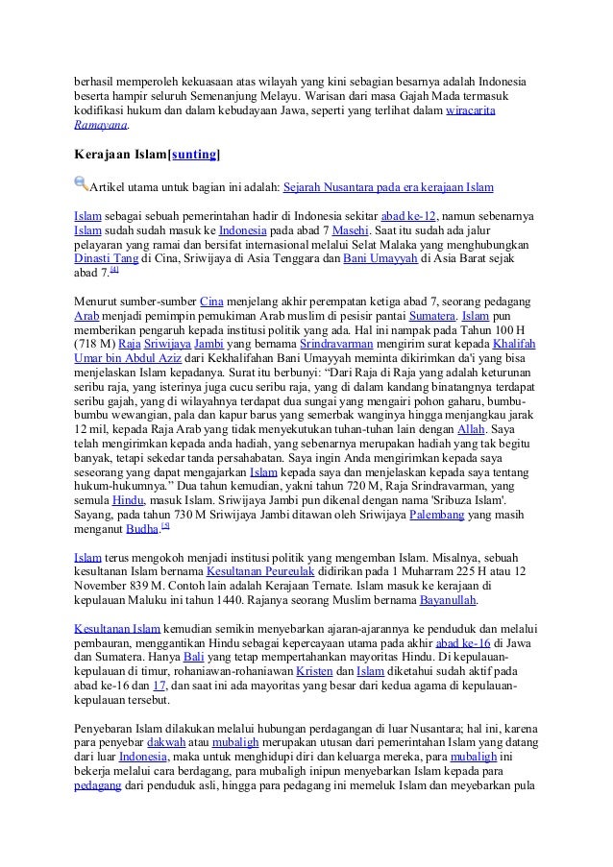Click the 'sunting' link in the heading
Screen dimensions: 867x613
tap(194, 154)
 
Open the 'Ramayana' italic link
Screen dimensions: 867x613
tap(100, 126)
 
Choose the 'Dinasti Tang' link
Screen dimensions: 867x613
tap(106, 259)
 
